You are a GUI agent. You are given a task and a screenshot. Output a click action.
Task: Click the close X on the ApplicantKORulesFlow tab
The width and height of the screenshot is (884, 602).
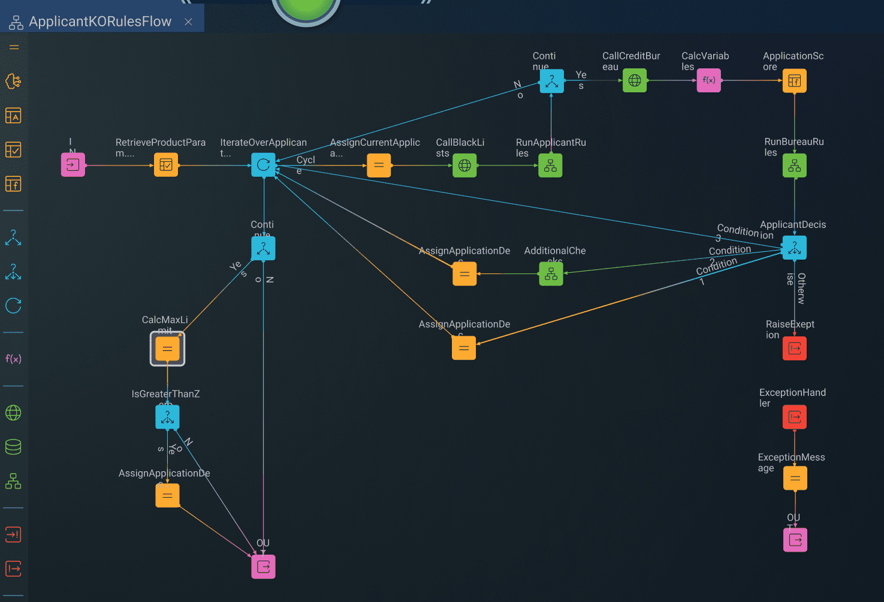pyautogui.click(x=188, y=22)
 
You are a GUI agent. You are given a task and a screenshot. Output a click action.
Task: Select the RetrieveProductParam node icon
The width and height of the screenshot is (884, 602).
pyautogui.click(x=166, y=165)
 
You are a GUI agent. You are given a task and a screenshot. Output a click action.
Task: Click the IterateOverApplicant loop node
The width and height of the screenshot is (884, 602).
pyautogui.click(x=263, y=165)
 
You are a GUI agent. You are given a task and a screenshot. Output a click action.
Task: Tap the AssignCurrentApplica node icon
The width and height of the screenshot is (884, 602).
pyautogui.click(x=379, y=165)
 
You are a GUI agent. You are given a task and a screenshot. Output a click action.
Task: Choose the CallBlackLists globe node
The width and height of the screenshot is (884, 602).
pyautogui.click(x=464, y=165)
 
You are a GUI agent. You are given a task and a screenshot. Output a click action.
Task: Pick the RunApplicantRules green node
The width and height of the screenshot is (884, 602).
pyautogui.click(x=550, y=165)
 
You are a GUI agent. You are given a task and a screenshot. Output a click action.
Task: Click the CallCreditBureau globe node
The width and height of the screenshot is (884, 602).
pyautogui.click(x=635, y=80)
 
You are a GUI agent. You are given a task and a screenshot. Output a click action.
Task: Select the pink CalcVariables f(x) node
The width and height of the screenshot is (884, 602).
pyautogui.click(x=708, y=80)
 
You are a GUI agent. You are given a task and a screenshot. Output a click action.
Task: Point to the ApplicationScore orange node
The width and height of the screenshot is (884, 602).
pyautogui.click(x=794, y=81)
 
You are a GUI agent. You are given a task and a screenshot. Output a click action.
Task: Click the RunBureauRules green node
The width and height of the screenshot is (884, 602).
pyautogui.click(x=794, y=165)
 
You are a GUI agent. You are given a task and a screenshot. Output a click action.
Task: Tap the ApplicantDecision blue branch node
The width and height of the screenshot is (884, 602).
pyautogui.click(x=794, y=248)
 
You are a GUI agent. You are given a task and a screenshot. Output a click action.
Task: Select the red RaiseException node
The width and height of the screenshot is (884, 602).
pyautogui.click(x=794, y=348)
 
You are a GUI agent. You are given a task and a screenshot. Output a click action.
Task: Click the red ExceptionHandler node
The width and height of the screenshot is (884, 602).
pyautogui.click(x=794, y=417)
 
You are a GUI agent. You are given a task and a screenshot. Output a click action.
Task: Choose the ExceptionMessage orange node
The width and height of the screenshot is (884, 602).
pyautogui.click(x=795, y=478)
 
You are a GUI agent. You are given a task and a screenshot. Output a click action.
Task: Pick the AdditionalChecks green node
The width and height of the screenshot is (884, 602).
pyautogui.click(x=551, y=274)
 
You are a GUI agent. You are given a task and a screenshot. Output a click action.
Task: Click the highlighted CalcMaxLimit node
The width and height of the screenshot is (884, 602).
pyautogui.click(x=167, y=348)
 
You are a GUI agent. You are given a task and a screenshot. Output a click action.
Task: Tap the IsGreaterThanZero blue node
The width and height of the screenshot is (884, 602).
pyautogui.click(x=167, y=417)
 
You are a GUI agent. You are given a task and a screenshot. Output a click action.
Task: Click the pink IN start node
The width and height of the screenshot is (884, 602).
pyautogui.click(x=73, y=165)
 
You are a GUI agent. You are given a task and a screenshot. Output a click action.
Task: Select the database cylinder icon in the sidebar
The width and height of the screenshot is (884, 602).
pyautogui.click(x=13, y=447)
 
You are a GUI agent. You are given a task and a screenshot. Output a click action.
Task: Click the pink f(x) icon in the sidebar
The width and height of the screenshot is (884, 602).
pyautogui.click(x=13, y=359)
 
